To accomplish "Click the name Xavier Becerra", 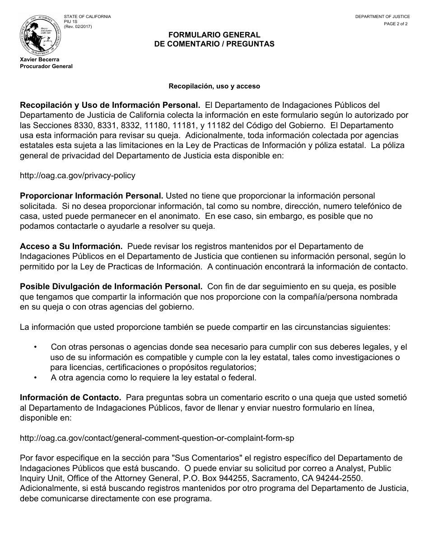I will pos(39,60).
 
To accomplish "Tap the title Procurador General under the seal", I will pos(46,66).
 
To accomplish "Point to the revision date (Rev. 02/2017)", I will pos(77,26).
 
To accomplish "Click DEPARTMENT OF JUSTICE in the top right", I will pos(382,17).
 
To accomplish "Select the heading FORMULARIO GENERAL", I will pos(214,35).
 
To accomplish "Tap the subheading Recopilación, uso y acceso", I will pos(214,86).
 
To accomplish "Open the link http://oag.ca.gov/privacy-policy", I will pos(77,176).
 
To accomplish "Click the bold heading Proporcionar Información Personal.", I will pos(92,196).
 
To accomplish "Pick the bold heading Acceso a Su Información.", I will pos(71,246).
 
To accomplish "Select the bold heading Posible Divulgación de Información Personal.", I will pos(111,287).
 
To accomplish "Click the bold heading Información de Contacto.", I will pos(70,398).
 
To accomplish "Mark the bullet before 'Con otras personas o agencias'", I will pos(36,347).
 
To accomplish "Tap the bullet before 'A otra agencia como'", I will pos(36,377).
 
